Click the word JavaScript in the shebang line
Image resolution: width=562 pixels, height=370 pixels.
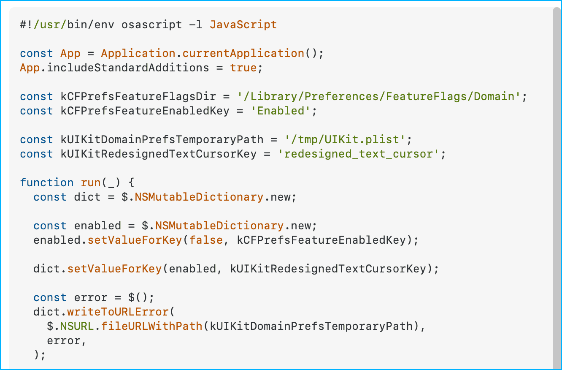(243, 24)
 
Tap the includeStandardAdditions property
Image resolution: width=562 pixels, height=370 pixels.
(128, 68)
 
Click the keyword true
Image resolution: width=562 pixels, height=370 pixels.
(243, 68)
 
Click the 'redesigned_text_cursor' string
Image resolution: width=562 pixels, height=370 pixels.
(359, 154)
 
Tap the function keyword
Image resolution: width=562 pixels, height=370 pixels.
(47, 182)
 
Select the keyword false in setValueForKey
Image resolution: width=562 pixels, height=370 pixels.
(206, 240)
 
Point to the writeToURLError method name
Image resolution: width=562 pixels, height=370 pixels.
(118, 312)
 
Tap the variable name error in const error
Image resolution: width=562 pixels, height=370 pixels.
(91, 297)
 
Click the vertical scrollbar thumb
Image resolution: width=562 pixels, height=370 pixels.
(557, 186)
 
